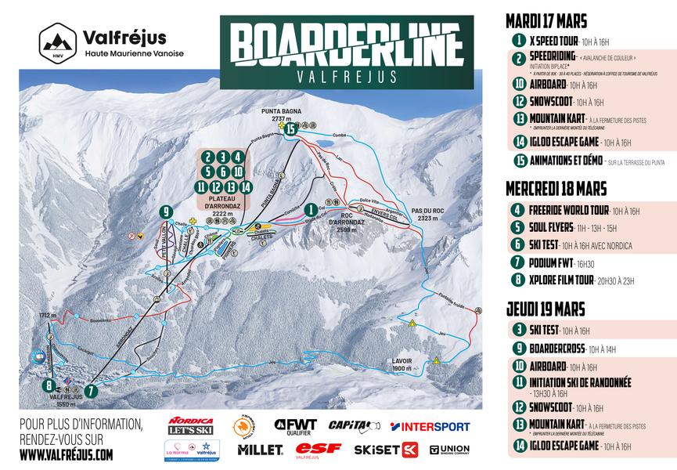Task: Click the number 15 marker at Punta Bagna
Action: coord(292,129)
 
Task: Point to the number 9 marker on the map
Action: coord(164,211)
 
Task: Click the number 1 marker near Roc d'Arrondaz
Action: coord(311,209)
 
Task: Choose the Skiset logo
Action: coord(386,450)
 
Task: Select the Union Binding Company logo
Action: coord(449,450)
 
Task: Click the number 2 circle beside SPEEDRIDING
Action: coord(518,59)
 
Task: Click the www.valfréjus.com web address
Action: coord(66,454)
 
